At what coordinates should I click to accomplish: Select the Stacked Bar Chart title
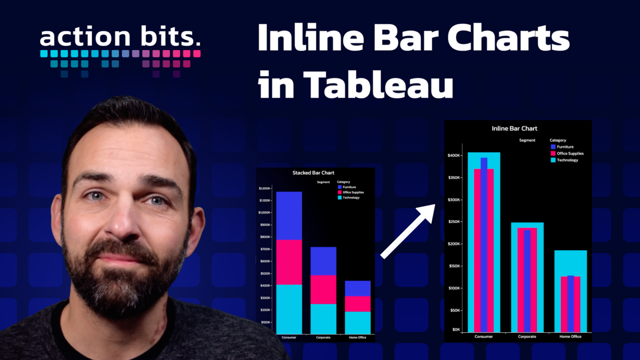click(x=313, y=172)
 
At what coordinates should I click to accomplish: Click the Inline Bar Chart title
click(x=514, y=128)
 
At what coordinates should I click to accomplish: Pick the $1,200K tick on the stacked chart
click(x=264, y=188)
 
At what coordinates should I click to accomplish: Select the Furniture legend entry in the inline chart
click(x=562, y=147)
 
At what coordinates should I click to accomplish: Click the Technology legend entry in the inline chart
click(x=564, y=160)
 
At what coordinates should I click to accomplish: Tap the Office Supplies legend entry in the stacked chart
click(x=350, y=192)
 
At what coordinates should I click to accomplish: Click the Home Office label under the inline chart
click(x=570, y=336)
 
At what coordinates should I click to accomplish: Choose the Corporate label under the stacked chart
click(x=323, y=338)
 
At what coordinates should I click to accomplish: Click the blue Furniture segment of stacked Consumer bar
click(x=289, y=216)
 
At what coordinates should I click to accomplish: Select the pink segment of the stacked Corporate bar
click(x=324, y=290)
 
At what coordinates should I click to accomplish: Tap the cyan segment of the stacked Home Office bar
click(x=358, y=322)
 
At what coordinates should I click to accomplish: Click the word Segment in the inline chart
click(x=527, y=140)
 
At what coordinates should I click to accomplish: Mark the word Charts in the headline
click(x=508, y=38)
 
